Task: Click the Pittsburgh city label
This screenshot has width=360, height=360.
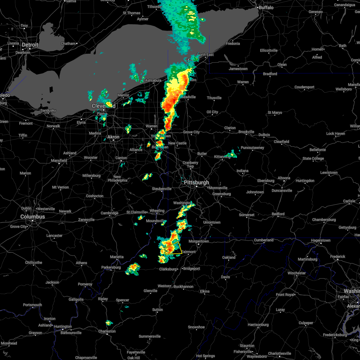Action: (196, 182)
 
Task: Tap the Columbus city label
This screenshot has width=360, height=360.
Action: (32, 217)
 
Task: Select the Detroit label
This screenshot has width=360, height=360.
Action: (30, 45)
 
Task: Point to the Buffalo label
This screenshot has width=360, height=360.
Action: (266, 7)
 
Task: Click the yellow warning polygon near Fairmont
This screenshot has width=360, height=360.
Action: (173, 248)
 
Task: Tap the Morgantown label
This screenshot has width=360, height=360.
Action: (199, 241)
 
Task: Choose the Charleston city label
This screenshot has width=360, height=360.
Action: (107, 331)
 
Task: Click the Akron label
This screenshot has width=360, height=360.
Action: (113, 137)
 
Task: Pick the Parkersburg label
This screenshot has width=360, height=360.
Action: (111, 267)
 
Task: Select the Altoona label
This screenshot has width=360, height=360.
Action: (284, 178)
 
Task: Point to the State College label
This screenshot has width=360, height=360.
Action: (313, 158)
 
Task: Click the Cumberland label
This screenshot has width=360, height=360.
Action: (264, 240)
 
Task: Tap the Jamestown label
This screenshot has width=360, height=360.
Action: (238, 69)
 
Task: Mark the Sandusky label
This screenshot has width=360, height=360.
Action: (48, 110)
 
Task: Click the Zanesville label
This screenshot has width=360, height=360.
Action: (86, 220)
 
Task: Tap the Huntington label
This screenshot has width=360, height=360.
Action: (63, 326)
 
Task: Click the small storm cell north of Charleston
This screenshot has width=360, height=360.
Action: (109, 323)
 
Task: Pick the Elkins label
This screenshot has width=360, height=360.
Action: (205, 291)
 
